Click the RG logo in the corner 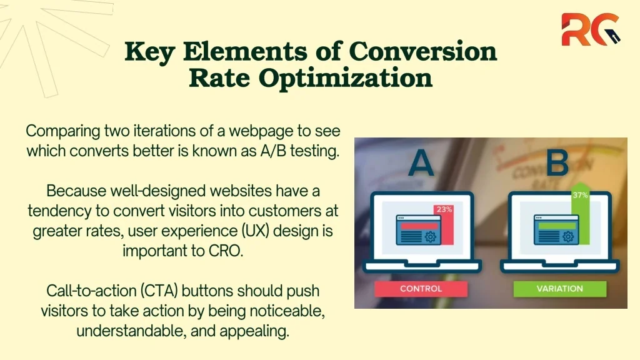click(x=591, y=29)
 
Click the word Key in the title click(x=150, y=52)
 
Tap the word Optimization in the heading click(x=345, y=78)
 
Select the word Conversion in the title click(x=423, y=51)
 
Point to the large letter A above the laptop click(x=421, y=163)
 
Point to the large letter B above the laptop click(x=557, y=162)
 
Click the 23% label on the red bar click(x=444, y=209)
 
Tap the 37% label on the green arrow click(x=580, y=195)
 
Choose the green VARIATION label click(x=559, y=289)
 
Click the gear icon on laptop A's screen click(x=430, y=237)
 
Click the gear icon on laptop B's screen click(x=568, y=237)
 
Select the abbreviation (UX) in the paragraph click(x=256, y=231)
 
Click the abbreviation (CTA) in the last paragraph click(x=159, y=291)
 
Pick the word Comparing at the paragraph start click(x=63, y=131)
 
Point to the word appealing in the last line click(x=254, y=331)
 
